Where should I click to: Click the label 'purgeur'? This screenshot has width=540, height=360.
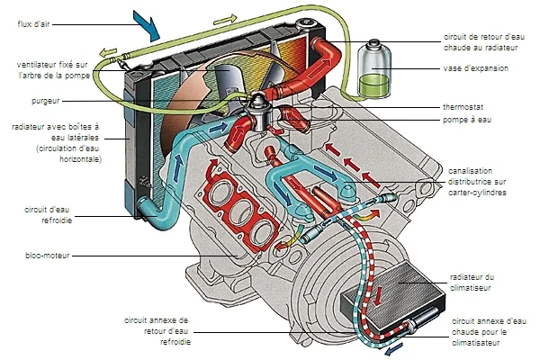click(x=46, y=102)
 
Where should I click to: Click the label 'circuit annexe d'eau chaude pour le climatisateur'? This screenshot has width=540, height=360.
click(x=485, y=331)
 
